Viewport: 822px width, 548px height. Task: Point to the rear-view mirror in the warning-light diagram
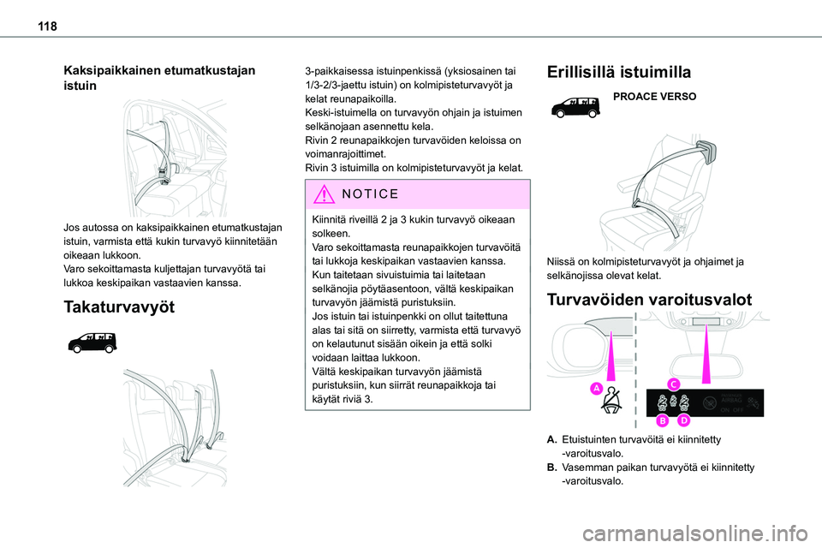point(705,320)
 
